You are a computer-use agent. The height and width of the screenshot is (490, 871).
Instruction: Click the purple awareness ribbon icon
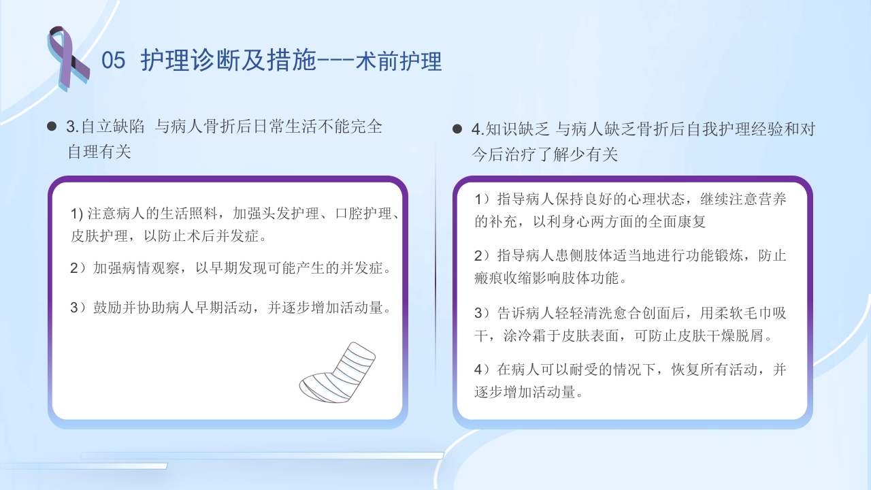[67, 57]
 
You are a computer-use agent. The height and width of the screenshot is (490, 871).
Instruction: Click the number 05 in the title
[114, 61]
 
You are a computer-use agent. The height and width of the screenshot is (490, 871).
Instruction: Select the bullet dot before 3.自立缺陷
[52, 127]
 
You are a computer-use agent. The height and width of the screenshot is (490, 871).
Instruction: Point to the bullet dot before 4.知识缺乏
[457, 129]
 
